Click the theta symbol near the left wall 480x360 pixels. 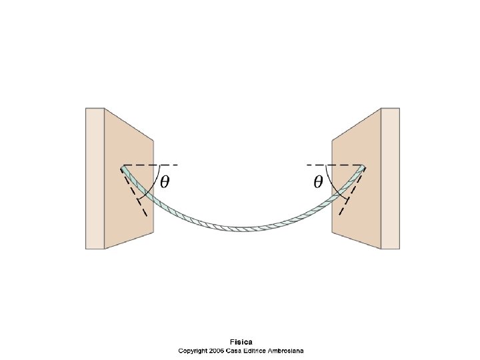(x=163, y=181)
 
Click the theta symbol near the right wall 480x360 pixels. (x=319, y=181)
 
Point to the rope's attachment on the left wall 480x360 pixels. (x=123, y=167)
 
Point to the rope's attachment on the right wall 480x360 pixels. (x=363, y=167)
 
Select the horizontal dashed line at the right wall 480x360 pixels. (x=333, y=165)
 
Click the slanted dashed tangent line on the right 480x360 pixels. (x=347, y=200)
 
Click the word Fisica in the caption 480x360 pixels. (x=241, y=341)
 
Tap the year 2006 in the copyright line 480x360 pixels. (x=216, y=350)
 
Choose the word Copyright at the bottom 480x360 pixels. (x=191, y=350)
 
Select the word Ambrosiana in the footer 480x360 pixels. (x=284, y=350)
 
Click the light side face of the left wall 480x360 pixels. (x=95, y=178)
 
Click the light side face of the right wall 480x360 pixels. (x=390, y=178)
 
